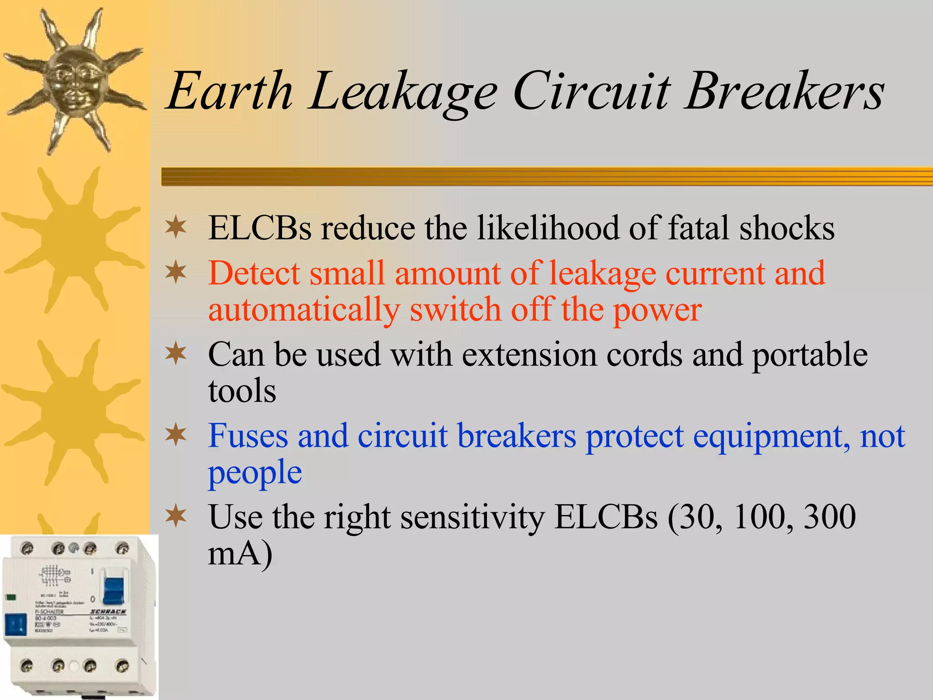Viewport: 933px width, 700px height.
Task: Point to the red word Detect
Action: [x=254, y=273]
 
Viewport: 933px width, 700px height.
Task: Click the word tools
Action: [x=242, y=391]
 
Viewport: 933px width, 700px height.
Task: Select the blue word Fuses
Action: [x=248, y=436]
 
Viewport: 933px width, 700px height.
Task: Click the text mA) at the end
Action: [x=240, y=554]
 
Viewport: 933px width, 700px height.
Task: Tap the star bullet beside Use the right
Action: [x=176, y=515]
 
